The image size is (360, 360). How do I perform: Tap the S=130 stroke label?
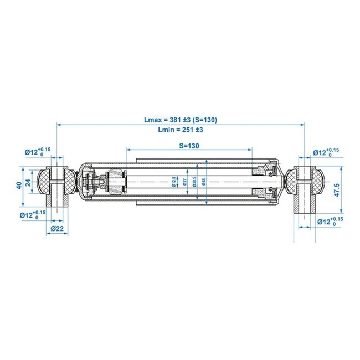pos(188,145)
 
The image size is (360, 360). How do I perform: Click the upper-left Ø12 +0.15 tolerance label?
pos(37,151)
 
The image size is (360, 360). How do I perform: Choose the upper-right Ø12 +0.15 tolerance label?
pos(327,151)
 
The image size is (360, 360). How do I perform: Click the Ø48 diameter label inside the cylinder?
pos(205,182)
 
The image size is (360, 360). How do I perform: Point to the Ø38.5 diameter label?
pos(194,182)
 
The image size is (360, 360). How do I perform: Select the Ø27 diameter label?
pos(183,182)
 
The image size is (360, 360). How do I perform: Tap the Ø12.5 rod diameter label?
pos(173,182)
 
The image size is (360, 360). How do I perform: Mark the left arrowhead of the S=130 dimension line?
pos(129,150)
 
